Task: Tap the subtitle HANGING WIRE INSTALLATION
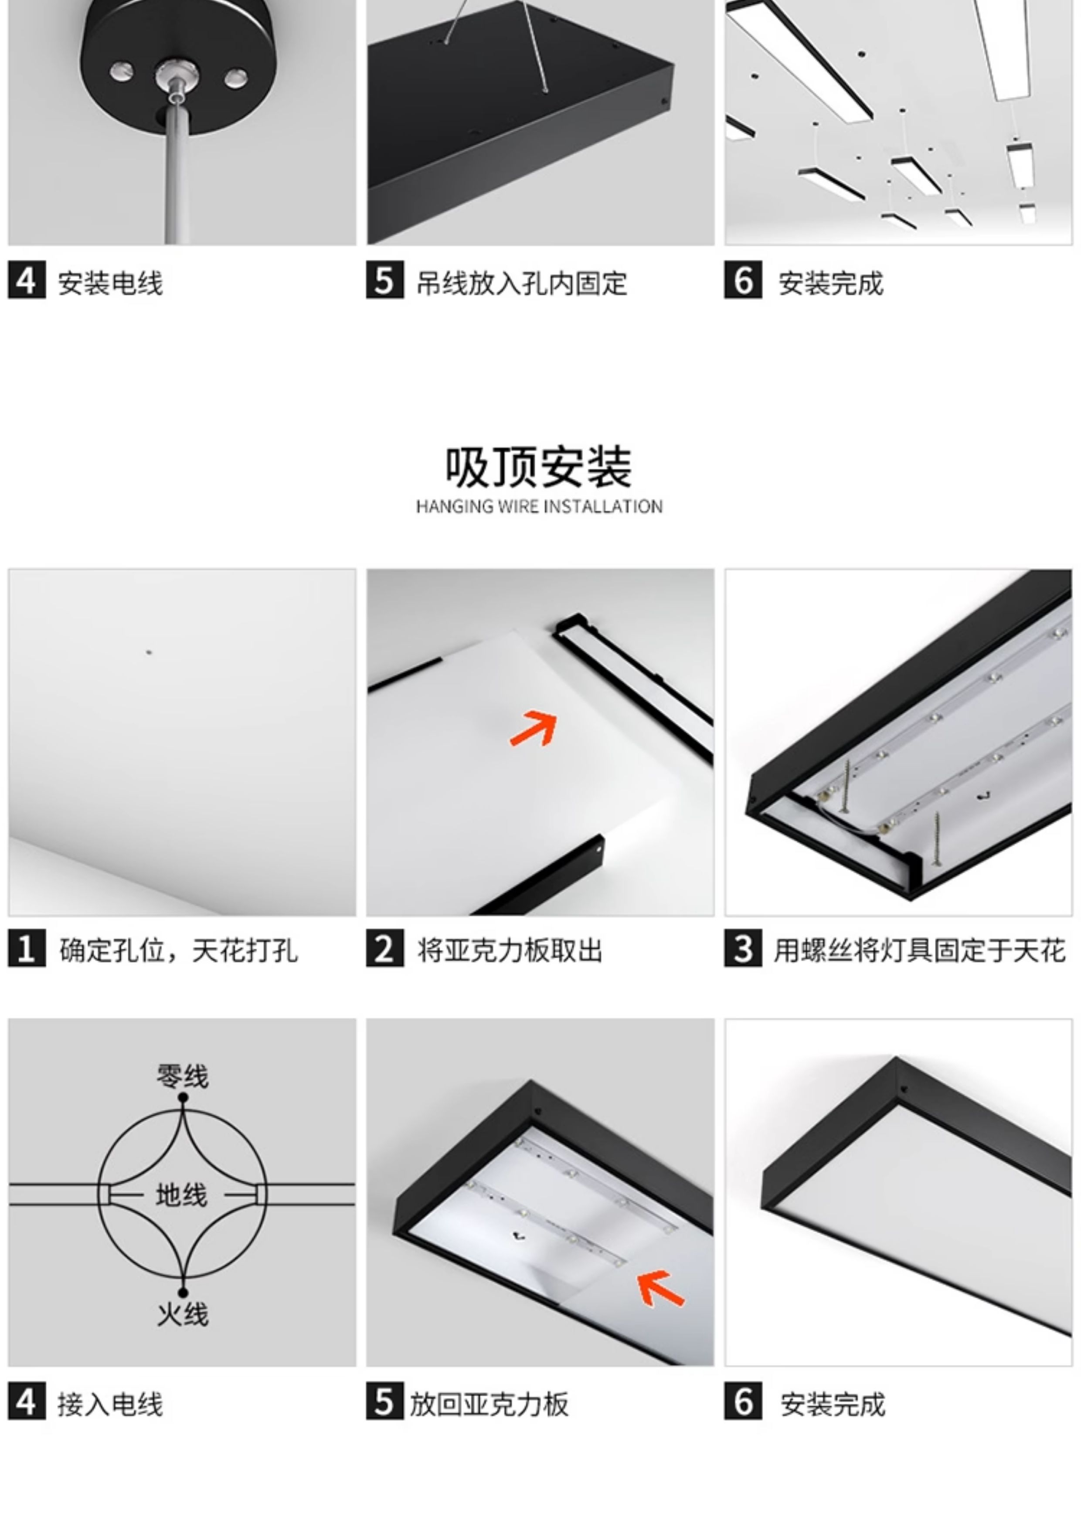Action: (x=539, y=506)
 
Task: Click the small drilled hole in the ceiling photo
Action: (x=149, y=652)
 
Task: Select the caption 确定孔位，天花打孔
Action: (x=178, y=950)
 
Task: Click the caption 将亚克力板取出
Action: (x=510, y=950)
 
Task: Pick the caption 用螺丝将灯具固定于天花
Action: (x=919, y=950)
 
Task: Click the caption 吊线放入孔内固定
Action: (x=522, y=283)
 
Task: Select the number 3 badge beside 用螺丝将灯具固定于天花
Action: (x=743, y=949)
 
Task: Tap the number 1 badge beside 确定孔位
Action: (x=27, y=949)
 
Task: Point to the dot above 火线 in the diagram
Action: (x=183, y=1293)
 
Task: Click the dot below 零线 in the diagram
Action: (x=183, y=1097)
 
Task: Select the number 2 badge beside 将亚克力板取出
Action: (x=385, y=949)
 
